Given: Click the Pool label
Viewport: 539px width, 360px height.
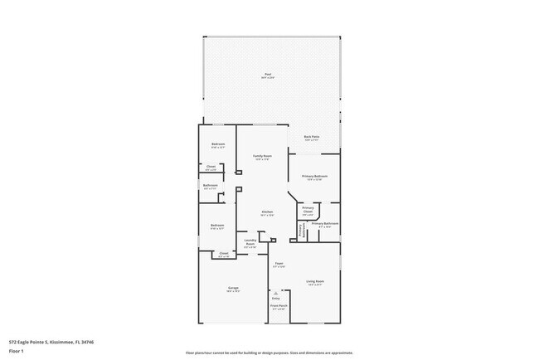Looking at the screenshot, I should (268, 75).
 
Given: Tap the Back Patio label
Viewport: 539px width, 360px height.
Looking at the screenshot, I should (312, 136).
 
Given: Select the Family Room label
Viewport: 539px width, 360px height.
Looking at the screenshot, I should (262, 156).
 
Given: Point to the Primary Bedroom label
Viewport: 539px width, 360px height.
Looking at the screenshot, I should (314, 176).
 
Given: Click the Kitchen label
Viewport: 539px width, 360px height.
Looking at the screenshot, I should (267, 212).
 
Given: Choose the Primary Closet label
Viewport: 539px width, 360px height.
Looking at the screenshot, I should (308, 210).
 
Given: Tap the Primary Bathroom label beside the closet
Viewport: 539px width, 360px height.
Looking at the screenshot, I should (324, 224).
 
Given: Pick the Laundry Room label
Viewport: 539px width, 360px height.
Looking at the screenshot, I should (250, 243).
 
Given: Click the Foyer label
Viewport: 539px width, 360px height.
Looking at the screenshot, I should (280, 264).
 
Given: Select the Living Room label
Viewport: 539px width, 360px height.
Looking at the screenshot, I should (314, 281).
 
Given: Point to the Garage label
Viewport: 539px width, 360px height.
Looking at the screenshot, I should (234, 288).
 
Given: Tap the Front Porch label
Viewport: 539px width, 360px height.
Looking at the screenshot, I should (278, 305).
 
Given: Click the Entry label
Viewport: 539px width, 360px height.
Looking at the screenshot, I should (275, 297).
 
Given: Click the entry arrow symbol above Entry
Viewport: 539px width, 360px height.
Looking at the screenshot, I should (275, 291).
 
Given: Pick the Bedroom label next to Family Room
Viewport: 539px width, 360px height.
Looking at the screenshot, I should (217, 144).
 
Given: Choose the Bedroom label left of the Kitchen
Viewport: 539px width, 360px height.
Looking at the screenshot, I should (217, 225).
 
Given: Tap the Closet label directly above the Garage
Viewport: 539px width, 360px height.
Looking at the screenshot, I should (224, 254).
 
